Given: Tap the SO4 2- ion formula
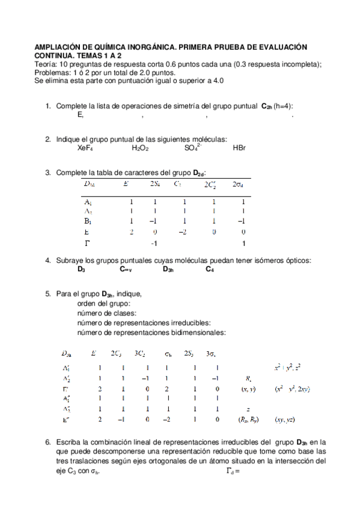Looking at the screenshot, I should (194, 147).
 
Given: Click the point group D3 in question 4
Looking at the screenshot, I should (81, 269).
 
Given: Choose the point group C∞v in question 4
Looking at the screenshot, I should (126, 269).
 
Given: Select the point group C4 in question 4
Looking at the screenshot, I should (210, 269).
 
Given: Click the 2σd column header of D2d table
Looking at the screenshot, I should (238, 184).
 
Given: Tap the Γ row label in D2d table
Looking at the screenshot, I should (88, 242).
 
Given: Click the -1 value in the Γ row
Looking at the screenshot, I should (153, 243).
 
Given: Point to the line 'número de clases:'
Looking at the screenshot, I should (107, 313).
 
